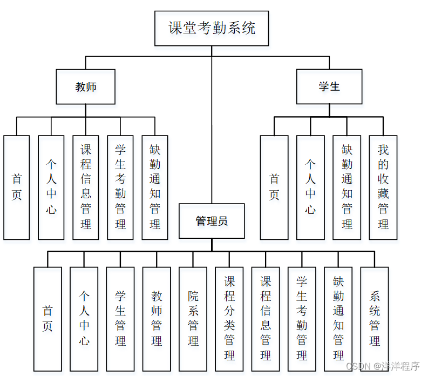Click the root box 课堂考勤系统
click(212, 28)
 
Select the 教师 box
click(86, 86)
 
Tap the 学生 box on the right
click(329, 86)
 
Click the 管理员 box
click(212, 221)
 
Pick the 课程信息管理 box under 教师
click(86, 187)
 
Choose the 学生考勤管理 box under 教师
click(120, 187)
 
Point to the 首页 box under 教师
click(17, 187)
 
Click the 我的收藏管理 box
click(383, 187)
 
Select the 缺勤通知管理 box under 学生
click(347, 187)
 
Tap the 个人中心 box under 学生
click(310, 187)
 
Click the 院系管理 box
click(193, 319)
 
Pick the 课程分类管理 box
click(229, 319)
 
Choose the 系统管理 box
click(375, 319)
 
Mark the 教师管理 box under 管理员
click(157, 319)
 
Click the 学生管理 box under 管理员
click(120, 319)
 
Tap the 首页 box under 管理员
click(47, 319)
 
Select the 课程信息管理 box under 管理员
click(266, 319)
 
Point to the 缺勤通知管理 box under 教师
click(155, 187)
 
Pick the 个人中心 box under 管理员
click(84, 319)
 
